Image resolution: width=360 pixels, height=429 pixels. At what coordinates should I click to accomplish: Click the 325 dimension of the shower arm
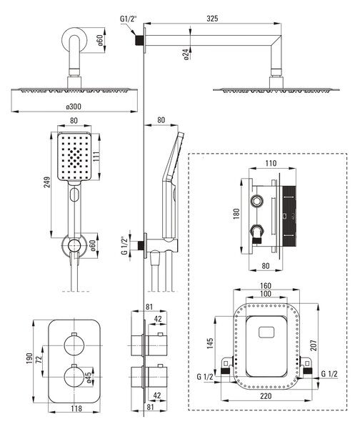pos(212,19)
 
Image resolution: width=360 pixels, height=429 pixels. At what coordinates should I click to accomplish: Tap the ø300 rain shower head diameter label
pos(74,107)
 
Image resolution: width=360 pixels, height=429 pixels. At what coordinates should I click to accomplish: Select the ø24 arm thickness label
pos(186,54)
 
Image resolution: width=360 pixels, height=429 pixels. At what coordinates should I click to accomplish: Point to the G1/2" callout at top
pos(129,19)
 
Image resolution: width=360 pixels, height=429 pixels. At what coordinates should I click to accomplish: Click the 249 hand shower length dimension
pos(47,182)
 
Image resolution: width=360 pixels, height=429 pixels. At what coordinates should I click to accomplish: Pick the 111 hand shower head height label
pos(96,157)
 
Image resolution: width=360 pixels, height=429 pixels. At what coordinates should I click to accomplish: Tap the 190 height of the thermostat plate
pos(29,358)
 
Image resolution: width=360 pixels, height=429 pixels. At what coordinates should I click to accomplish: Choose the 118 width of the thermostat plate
pos(76,408)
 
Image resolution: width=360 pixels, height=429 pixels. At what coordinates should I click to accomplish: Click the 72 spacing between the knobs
pos(39,358)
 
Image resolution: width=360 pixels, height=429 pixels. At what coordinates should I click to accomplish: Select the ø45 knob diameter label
pos(88,378)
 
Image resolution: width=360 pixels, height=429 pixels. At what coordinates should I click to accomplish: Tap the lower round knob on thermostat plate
pos(74,377)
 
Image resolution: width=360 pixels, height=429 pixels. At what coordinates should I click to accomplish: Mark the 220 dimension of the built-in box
pos(266,396)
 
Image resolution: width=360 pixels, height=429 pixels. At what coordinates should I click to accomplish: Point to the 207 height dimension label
pos(314,345)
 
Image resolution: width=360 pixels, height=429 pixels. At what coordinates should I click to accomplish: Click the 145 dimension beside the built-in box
pos(210,343)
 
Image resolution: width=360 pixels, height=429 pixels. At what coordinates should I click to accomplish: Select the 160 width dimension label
pos(266,286)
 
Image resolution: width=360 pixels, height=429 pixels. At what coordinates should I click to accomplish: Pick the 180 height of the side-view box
pos(236,214)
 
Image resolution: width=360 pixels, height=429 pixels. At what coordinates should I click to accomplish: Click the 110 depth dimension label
pos(271,163)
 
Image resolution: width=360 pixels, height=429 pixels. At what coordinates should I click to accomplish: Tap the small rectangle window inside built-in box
pos(266,332)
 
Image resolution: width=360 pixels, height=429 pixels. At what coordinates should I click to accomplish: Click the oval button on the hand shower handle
pos(74,194)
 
